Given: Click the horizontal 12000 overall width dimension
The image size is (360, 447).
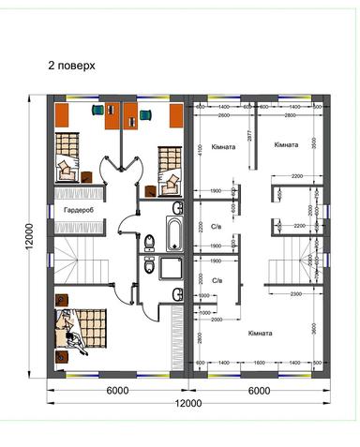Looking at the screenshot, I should point(187,403).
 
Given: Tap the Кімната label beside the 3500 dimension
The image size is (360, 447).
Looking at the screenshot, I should point(286,145).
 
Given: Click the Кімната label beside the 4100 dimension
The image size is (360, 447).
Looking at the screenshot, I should point(221,148).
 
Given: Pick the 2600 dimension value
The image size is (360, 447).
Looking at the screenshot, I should point(224,115).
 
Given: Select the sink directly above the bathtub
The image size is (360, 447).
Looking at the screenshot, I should point(177,207).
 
